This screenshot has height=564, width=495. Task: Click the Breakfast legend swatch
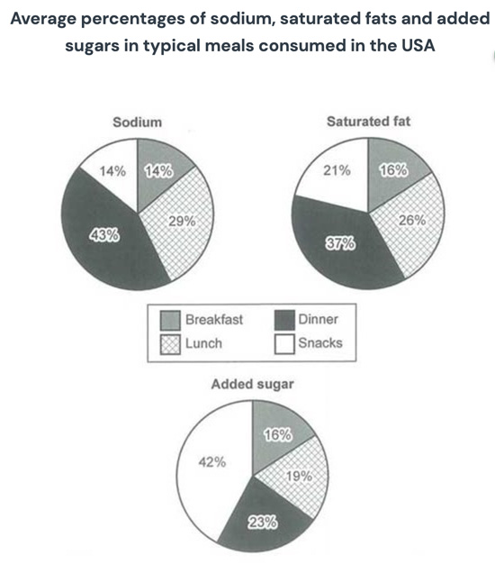tap(168, 321)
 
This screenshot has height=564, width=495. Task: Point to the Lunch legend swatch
tap(168, 342)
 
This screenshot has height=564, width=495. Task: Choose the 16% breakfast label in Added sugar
tap(278, 435)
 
